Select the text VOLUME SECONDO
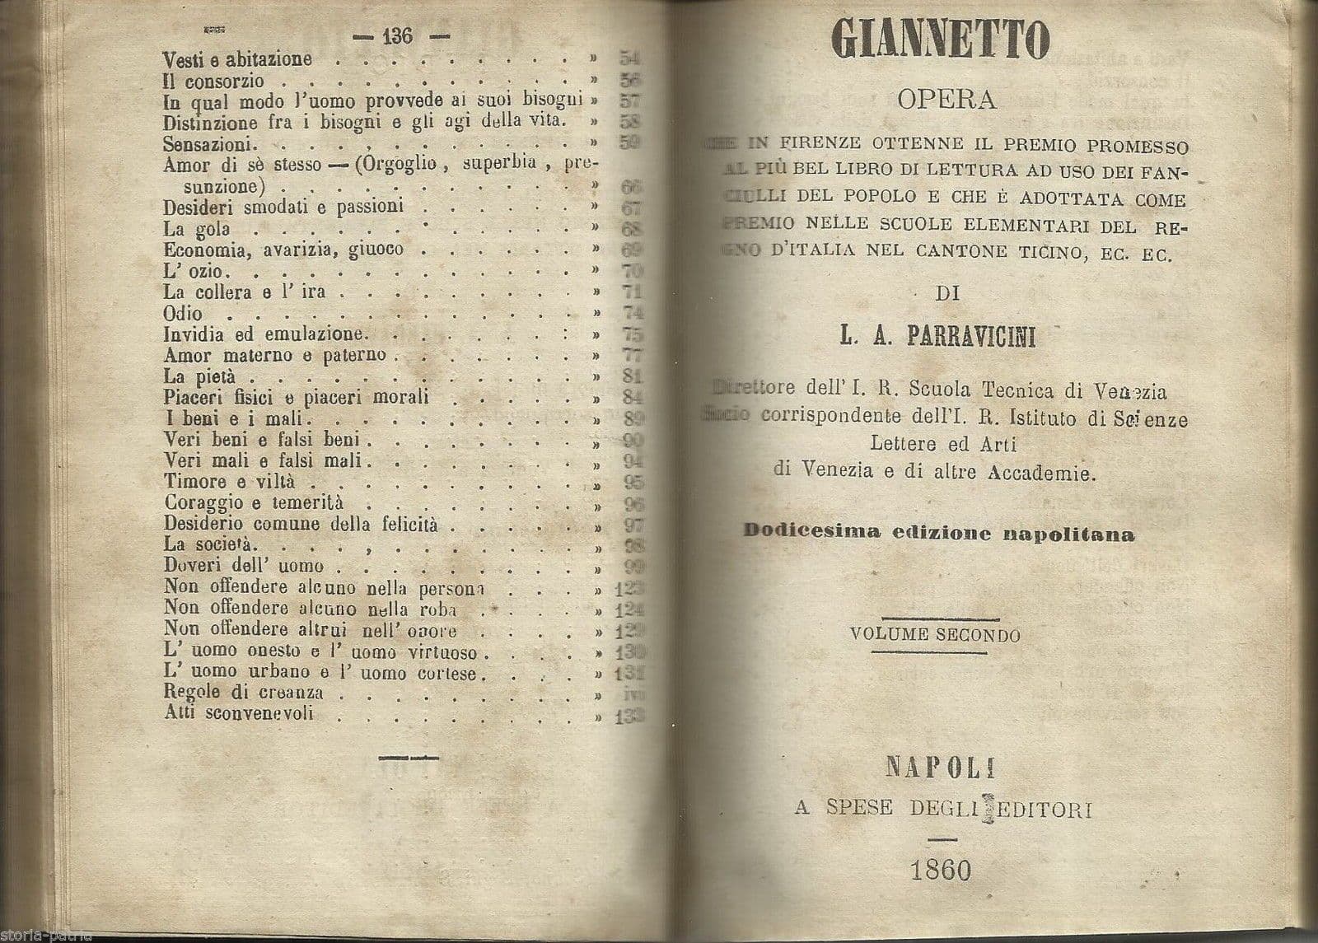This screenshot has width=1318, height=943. tap(936, 635)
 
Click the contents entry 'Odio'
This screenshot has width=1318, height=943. tap(182, 313)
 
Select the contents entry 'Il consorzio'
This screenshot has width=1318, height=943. tap(213, 81)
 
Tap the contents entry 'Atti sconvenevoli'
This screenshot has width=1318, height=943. tap(238, 713)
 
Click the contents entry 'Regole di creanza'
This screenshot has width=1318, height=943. tap(242, 693)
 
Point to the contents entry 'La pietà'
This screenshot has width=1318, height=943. tap(193, 376)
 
